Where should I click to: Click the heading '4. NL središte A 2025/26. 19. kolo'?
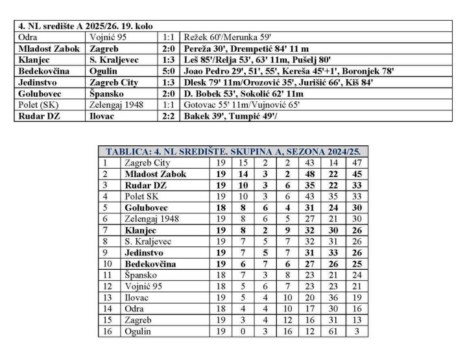(x=75, y=27)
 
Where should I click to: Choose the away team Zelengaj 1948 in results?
(x=117, y=104)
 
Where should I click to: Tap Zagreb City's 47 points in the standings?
(x=355, y=163)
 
